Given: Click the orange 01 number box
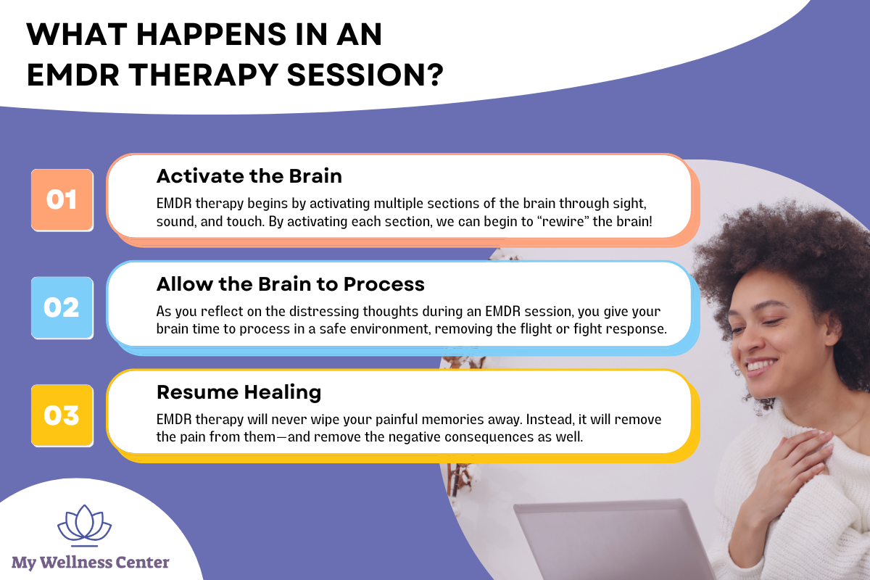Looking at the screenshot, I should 62,200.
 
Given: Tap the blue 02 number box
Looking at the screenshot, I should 62,308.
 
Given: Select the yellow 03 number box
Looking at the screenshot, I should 62,416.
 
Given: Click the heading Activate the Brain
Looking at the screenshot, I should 249,176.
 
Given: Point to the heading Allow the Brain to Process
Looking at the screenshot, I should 290,284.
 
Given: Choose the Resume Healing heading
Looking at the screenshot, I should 239,392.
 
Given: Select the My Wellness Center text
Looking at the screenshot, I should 91,562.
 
